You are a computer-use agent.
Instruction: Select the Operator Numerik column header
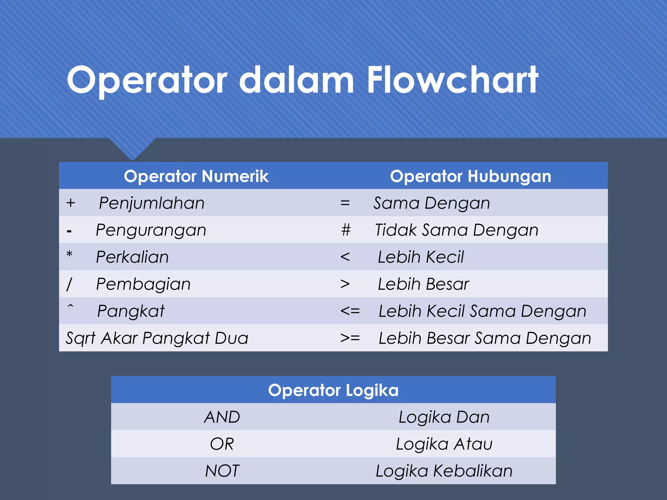(196, 176)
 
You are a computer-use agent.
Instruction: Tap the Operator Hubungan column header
(470, 176)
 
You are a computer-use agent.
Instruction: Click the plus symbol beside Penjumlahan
(71, 203)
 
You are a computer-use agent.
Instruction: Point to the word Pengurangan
(151, 230)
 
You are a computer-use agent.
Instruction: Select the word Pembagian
(143, 284)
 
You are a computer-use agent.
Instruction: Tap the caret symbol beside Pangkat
(70, 306)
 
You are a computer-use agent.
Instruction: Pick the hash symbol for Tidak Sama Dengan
(346, 230)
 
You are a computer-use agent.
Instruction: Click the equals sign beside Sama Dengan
(345, 203)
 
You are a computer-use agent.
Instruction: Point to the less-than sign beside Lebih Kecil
(345, 257)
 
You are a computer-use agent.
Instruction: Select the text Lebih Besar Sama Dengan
(485, 338)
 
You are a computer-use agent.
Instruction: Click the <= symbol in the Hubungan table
(350, 311)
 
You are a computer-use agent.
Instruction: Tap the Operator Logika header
(333, 390)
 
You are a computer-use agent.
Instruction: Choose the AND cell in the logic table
(222, 417)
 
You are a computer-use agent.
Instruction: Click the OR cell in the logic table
(222, 444)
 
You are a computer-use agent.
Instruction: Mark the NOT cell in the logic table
(222, 471)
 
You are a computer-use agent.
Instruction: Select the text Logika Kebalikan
(444, 471)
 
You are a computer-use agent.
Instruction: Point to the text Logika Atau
(444, 444)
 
